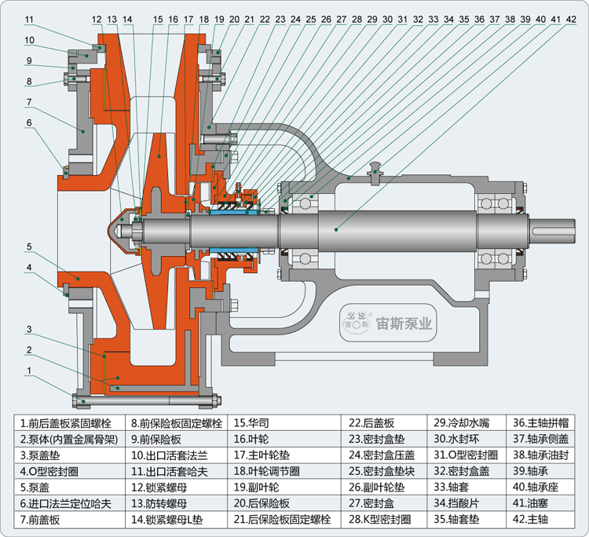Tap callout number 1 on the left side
click(x=28, y=370)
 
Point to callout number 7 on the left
click(x=28, y=102)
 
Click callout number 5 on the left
click(x=28, y=247)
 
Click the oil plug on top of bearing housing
click(x=376, y=170)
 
